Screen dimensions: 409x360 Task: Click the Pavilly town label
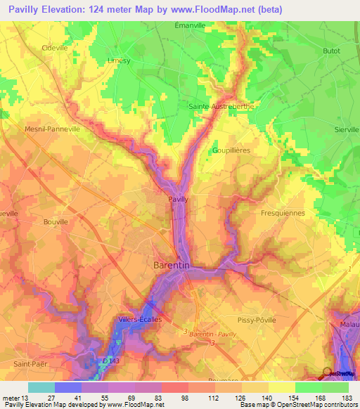[x=178, y=200]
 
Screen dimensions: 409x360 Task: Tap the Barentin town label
[x=170, y=265]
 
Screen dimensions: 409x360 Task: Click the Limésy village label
[x=119, y=60]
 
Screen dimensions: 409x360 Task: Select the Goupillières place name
[x=231, y=150]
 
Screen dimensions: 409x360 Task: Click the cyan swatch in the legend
[x=41, y=387]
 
